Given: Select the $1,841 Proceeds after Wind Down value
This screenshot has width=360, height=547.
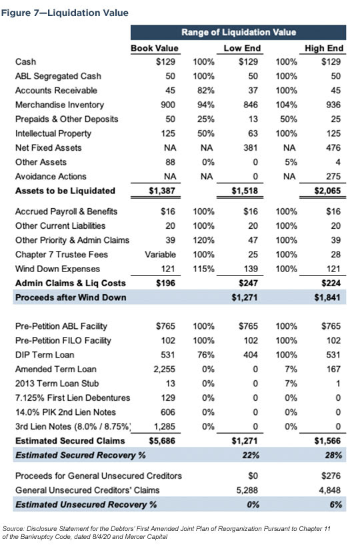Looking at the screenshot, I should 327,297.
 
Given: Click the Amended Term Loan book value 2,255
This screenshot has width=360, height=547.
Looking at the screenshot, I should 170,370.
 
